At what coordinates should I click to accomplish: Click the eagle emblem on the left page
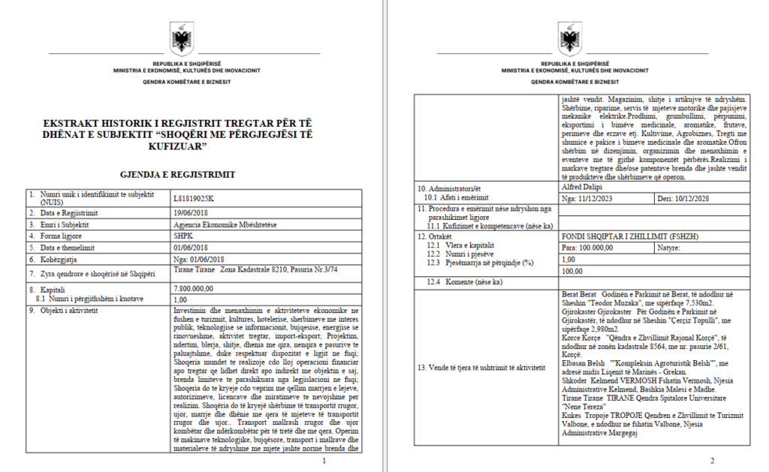click(183, 38)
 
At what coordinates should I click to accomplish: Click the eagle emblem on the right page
click(568, 38)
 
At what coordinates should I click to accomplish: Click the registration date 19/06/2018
click(189, 213)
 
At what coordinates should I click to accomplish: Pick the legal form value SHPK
click(182, 236)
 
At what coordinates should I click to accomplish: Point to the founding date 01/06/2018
click(189, 247)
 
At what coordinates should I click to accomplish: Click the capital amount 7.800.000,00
click(194, 288)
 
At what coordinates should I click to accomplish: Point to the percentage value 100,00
click(572, 271)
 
